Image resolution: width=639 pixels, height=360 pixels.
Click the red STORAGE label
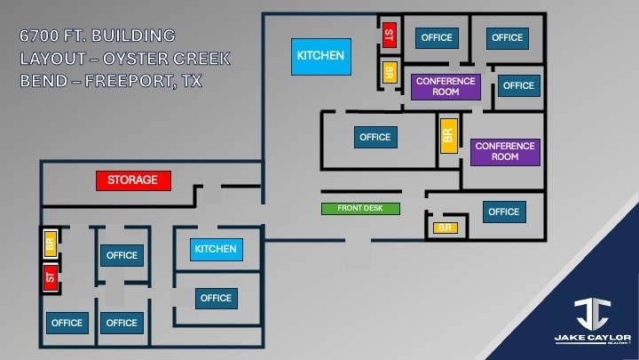click(133, 180)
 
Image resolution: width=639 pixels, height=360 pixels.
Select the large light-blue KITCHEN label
click(320, 56)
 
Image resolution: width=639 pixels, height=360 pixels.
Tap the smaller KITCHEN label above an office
click(216, 249)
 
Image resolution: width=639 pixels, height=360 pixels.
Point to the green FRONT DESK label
click(360, 209)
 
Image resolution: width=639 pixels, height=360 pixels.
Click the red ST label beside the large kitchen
click(388, 35)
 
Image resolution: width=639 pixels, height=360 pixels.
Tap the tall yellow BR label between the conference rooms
click(448, 135)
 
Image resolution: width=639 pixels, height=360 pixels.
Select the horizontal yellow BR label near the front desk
click(446, 228)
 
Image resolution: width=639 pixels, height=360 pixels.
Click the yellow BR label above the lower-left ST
click(51, 242)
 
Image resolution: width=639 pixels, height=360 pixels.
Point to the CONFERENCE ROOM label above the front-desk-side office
click(505, 151)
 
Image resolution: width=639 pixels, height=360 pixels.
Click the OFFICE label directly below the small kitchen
click(216, 298)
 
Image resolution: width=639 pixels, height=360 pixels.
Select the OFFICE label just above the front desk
click(375, 137)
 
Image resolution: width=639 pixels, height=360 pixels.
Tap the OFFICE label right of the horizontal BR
click(503, 212)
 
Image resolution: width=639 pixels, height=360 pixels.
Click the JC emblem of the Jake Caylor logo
click(592, 314)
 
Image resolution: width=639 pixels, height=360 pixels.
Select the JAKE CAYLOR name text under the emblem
click(592, 339)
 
